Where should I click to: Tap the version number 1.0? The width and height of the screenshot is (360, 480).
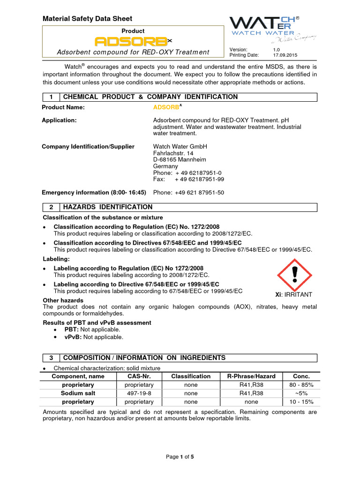(277, 49)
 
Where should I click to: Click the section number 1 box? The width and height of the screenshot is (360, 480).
(50, 97)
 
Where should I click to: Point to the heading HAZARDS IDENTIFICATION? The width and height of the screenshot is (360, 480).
(108, 207)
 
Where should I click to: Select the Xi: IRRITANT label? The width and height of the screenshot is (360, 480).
(293, 294)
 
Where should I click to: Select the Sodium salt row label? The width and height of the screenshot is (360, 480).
(78, 393)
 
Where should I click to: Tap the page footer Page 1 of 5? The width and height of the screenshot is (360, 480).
(180, 457)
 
